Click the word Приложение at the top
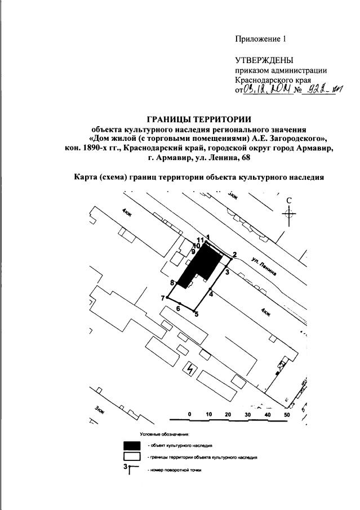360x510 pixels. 257,39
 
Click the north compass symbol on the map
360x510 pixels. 288,213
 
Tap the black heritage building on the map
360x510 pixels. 200,265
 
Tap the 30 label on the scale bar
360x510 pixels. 247,414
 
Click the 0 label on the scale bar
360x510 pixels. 190,414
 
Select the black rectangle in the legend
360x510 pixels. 132,445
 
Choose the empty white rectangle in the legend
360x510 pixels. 132,457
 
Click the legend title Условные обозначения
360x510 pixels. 165,434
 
